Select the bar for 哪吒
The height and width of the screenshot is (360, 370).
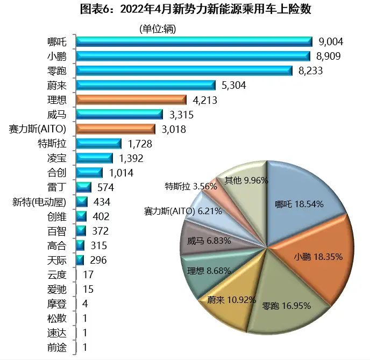pos(194,42)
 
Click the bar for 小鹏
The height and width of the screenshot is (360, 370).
pos(193,56)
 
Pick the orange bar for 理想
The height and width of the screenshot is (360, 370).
pos(131,100)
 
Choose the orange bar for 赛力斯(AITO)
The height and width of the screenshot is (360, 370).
pos(116,129)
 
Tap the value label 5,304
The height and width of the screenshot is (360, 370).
pos(232,86)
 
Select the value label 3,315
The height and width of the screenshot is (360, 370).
pos(180,115)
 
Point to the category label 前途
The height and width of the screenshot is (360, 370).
pos(57,347)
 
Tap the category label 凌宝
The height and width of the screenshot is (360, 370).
pos(57,158)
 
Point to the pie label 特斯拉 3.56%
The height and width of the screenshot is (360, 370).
pos(191,187)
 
